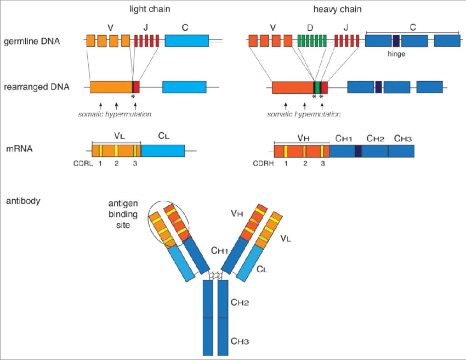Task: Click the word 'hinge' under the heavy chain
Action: point(396,55)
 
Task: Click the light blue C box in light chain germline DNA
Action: point(186,41)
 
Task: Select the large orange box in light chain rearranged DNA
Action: point(111,87)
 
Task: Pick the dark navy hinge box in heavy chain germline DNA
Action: point(396,41)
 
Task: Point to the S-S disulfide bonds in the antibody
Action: point(215,275)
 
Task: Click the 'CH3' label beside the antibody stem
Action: point(240,341)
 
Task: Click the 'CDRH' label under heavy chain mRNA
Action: point(263,163)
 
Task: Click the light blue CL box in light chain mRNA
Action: point(163,151)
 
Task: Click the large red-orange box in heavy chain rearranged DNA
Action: point(293,87)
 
